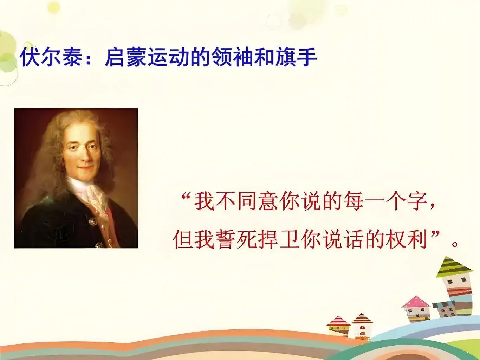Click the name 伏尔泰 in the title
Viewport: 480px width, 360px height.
click(51, 57)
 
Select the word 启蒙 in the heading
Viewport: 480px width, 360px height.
click(126, 57)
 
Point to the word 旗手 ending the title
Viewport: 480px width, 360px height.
click(296, 57)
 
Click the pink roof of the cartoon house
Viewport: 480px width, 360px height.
click(415, 302)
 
